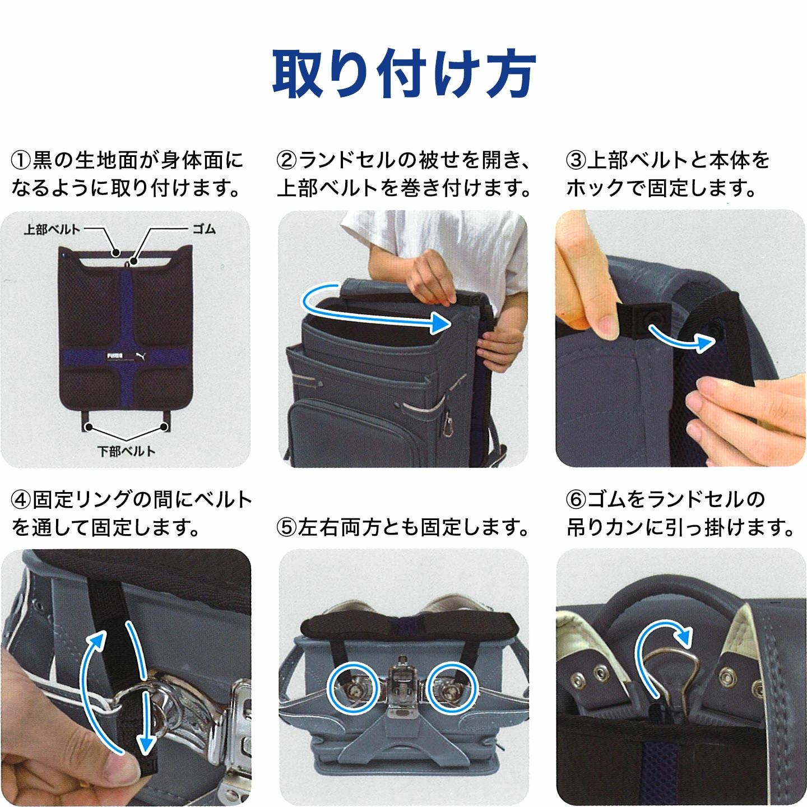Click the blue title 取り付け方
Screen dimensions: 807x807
[x=404, y=73]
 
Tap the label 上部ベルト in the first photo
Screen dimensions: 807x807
[x=52, y=230]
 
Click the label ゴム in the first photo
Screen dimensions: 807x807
[x=204, y=229]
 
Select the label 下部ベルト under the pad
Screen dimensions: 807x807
[x=126, y=451]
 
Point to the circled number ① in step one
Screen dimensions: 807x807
[x=21, y=161]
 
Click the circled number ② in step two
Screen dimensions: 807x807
[x=287, y=161]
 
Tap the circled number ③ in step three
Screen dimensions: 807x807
[x=576, y=161]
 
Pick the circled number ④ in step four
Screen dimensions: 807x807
[x=21, y=499]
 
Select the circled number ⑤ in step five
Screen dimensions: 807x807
[x=287, y=527]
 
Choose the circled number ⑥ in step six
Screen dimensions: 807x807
[x=576, y=499]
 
